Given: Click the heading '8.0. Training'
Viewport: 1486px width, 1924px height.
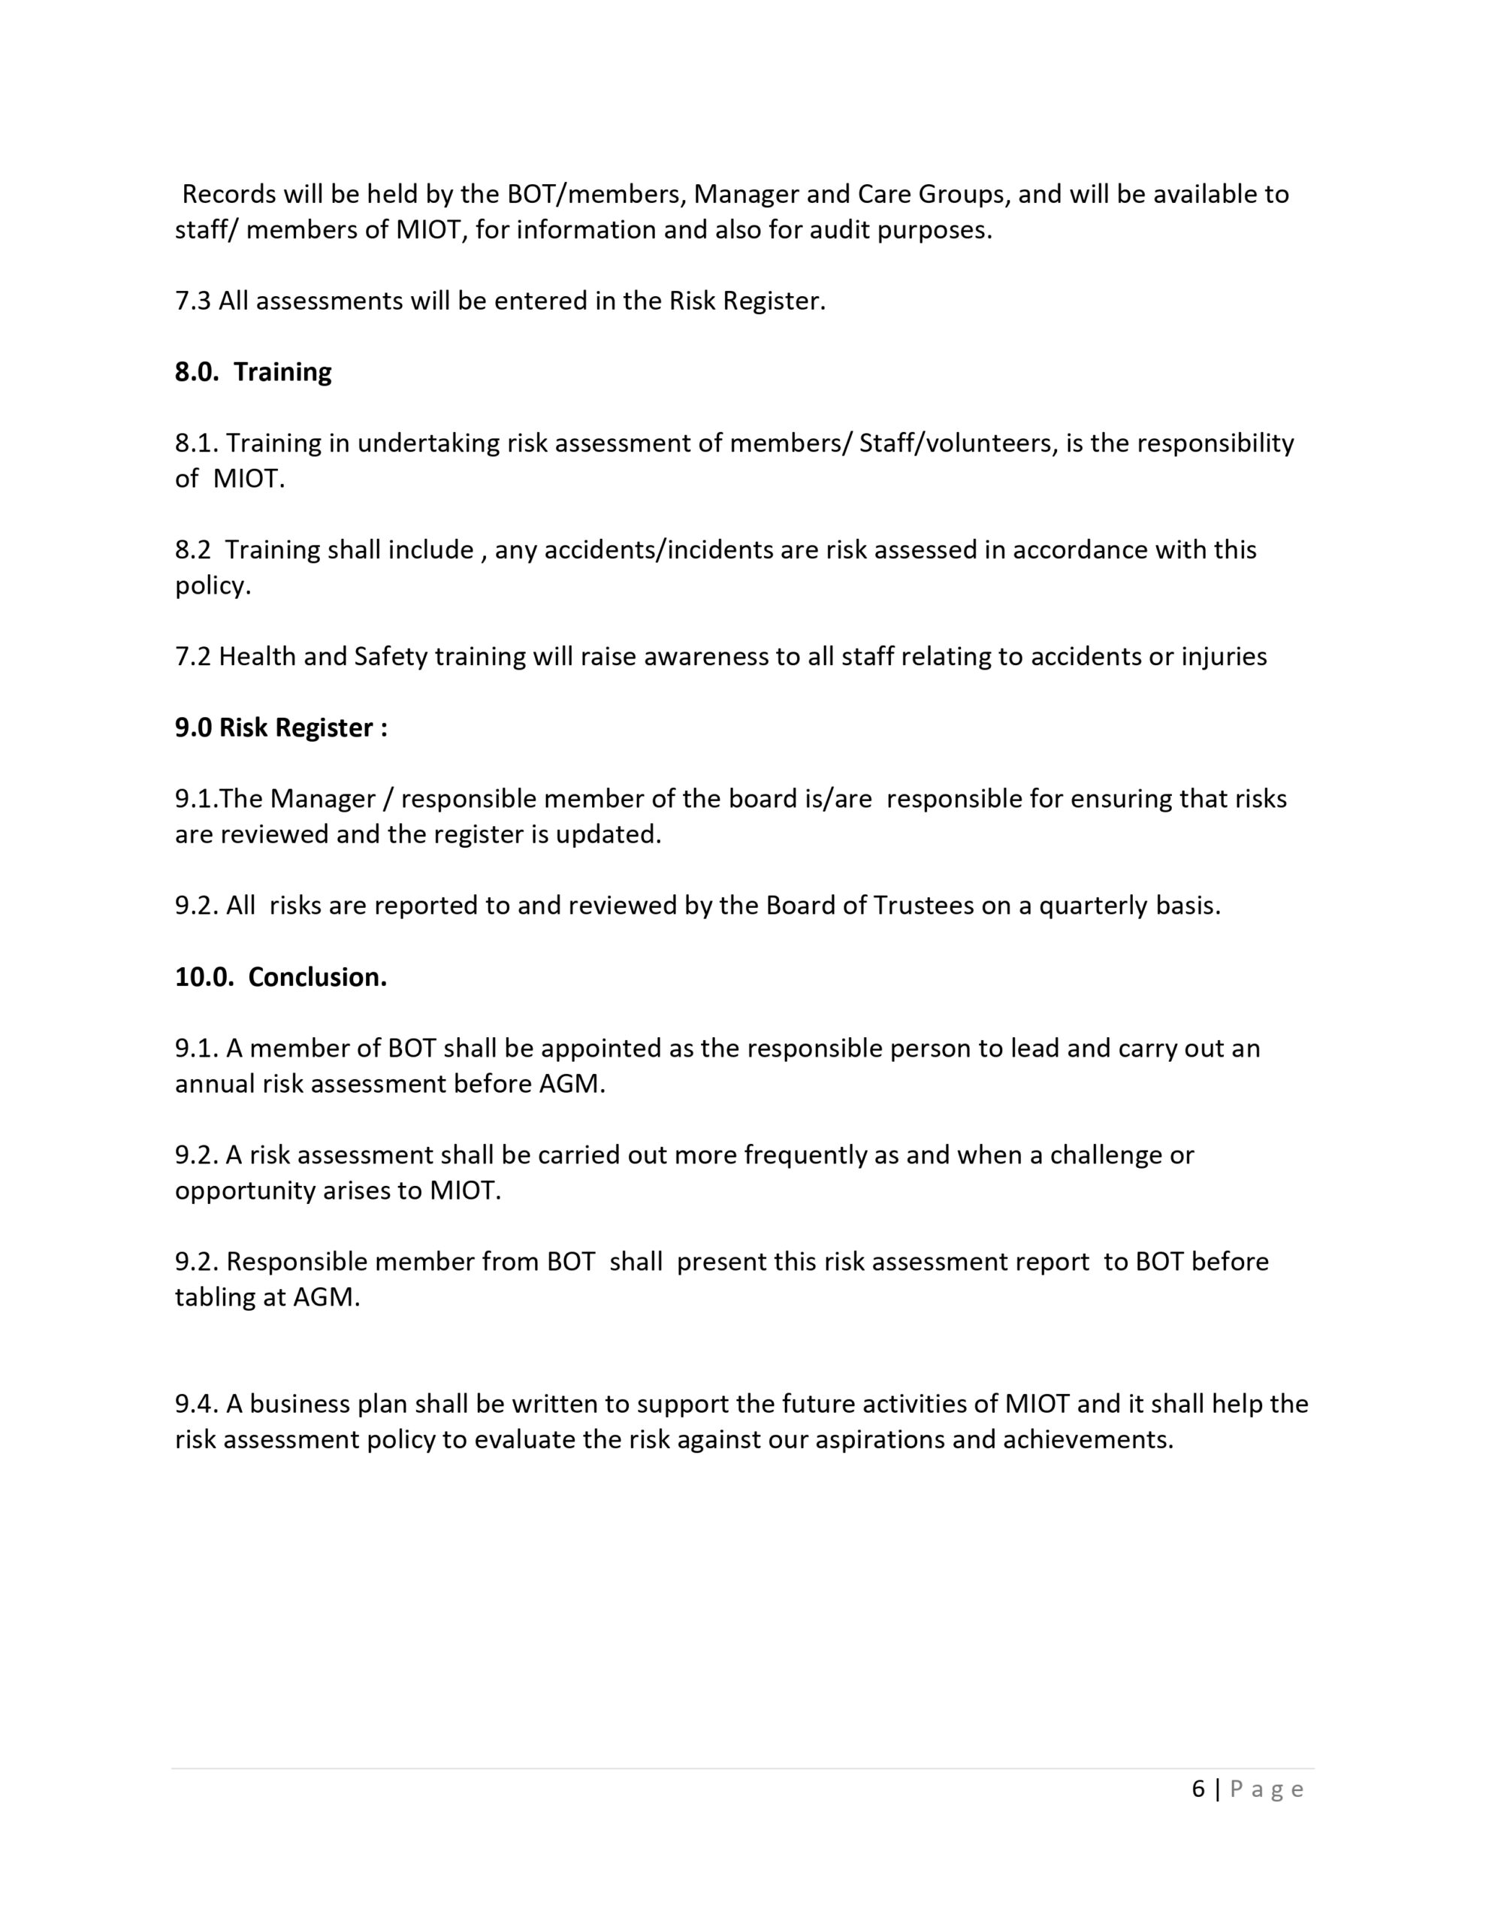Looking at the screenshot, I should click(x=253, y=372).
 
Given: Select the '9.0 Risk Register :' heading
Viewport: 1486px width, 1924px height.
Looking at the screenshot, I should click(x=281, y=728).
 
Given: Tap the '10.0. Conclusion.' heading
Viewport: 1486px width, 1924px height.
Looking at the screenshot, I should click(x=281, y=977).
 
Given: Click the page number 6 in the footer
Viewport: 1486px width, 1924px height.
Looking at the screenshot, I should click(x=1198, y=1789).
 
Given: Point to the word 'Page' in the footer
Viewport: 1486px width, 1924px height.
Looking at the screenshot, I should click(x=1267, y=1789).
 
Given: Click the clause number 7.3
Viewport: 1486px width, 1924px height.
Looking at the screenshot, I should click(x=193, y=301).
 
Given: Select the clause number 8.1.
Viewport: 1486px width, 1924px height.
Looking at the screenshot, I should click(x=196, y=443).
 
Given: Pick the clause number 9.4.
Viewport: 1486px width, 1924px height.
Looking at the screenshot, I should click(x=196, y=1403).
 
